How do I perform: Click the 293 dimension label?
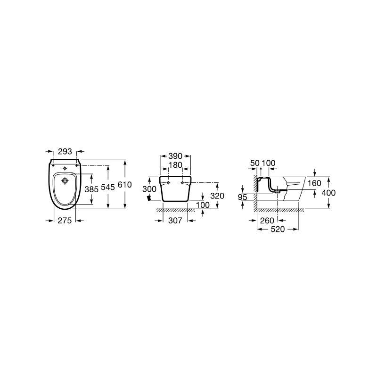tap(65, 151)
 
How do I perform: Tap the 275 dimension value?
tap(65, 220)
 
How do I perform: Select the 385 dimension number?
tap(91, 189)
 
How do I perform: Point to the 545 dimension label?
tap(108, 187)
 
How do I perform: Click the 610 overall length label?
tap(125, 185)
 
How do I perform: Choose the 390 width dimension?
tap(175, 156)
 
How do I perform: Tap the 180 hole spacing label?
tap(175, 165)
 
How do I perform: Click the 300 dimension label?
tap(149, 189)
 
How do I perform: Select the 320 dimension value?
tap(217, 196)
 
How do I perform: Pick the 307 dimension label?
tap(175, 221)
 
